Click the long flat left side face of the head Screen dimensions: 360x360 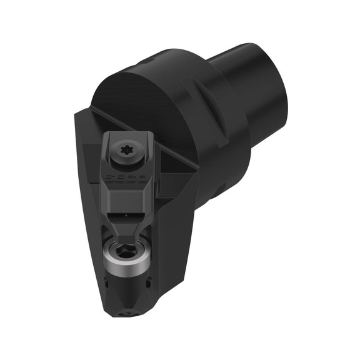point(87,206)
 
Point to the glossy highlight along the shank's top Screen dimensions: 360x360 point(250,50)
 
